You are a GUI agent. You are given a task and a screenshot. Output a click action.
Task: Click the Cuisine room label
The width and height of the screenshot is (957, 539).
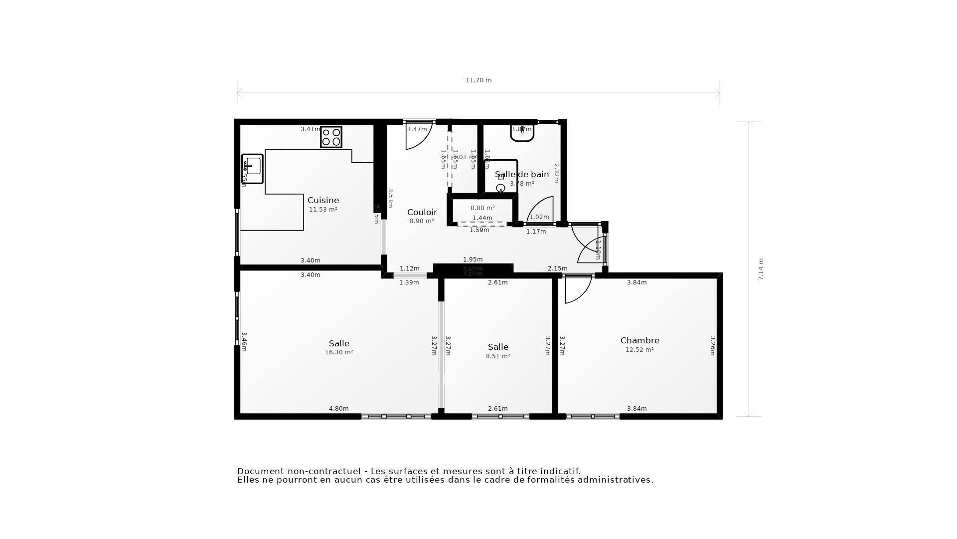[x=323, y=200]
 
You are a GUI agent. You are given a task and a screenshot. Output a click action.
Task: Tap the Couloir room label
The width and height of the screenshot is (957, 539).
[x=422, y=212]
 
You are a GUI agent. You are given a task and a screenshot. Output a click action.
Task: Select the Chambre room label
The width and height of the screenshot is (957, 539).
[x=639, y=340]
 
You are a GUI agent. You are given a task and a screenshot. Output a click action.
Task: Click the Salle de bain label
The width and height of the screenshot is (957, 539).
[x=522, y=174]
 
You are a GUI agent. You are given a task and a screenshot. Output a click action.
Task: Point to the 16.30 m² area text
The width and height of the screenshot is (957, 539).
[x=339, y=352]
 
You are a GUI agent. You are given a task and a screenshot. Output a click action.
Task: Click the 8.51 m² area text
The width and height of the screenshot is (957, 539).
[x=498, y=356]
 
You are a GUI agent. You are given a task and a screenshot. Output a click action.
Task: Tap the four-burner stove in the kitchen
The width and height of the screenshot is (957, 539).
[x=331, y=137]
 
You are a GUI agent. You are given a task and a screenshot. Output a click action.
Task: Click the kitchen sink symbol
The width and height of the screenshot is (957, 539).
[x=253, y=168]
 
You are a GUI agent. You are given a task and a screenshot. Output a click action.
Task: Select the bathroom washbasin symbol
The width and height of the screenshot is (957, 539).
[x=522, y=133]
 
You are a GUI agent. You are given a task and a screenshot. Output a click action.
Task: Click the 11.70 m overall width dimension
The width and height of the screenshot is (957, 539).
[x=478, y=80]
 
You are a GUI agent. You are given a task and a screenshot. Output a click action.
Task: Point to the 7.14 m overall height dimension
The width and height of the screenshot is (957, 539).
[x=761, y=269]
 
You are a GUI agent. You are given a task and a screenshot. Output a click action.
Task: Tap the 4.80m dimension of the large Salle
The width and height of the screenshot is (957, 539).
[x=338, y=409]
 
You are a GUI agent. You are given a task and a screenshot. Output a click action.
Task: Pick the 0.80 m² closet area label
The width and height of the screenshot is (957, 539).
[x=482, y=208]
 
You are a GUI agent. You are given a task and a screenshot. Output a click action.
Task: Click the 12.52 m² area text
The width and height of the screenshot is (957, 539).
[x=639, y=350]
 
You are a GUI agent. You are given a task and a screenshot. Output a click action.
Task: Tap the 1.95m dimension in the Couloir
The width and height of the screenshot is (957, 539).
[x=473, y=260]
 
